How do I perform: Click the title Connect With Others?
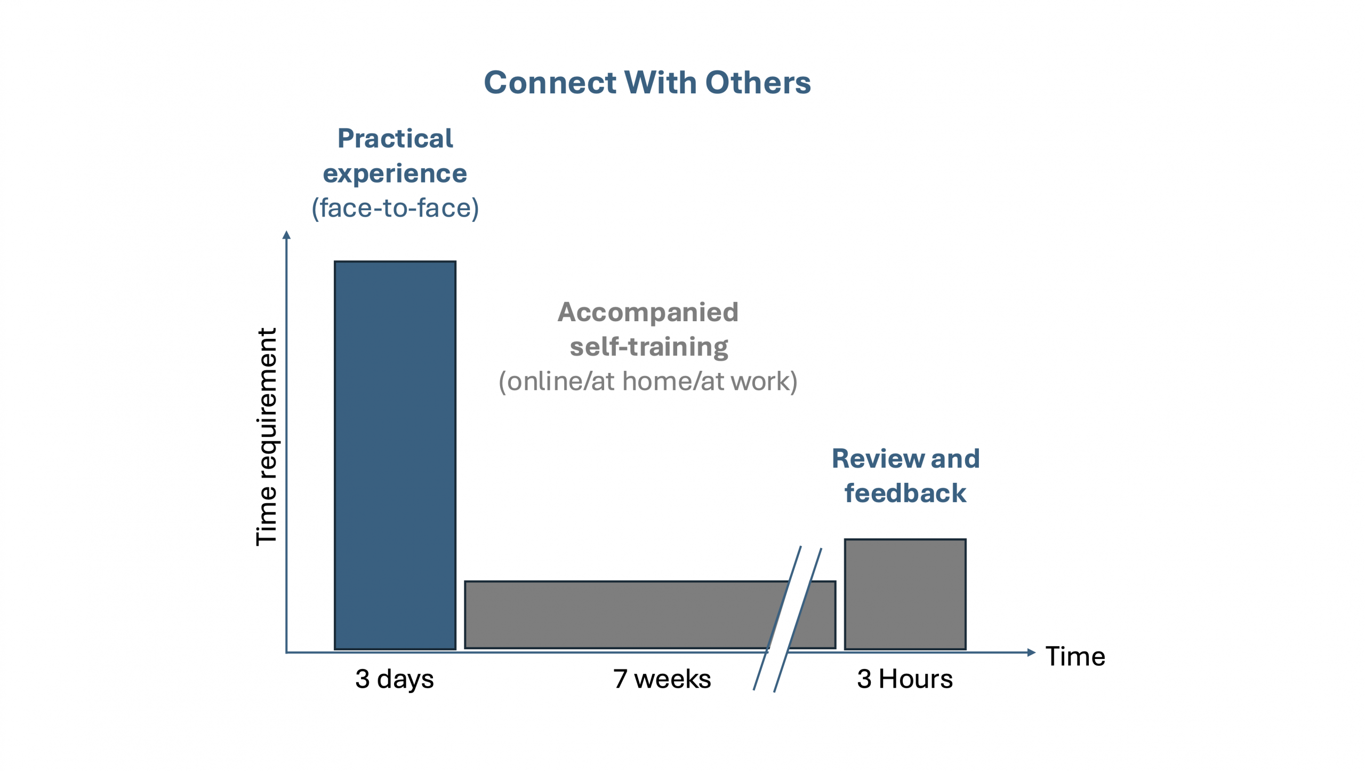[x=647, y=83]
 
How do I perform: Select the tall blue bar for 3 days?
[x=395, y=455]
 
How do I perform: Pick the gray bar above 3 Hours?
[x=905, y=594]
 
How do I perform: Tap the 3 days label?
[x=395, y=679]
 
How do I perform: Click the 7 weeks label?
[x=662, y=679]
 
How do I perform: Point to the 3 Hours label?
[x=904, y=679]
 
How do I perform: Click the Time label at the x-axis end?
[x=1075, y=656]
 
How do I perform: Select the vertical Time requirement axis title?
[x=267, y=436]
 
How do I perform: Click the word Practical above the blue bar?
[x=395, y=139]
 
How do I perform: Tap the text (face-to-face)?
[x=395, y=208]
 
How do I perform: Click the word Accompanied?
[x=648, y=312]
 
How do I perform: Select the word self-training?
[x=649, y=347]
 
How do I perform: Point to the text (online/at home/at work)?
[x=648, y=381]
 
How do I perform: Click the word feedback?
[x=905, y=493]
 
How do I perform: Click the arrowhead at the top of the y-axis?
[x=286, y=235]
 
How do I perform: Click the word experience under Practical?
[x=395, y=174]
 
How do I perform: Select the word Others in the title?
[x=758, y=83]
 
